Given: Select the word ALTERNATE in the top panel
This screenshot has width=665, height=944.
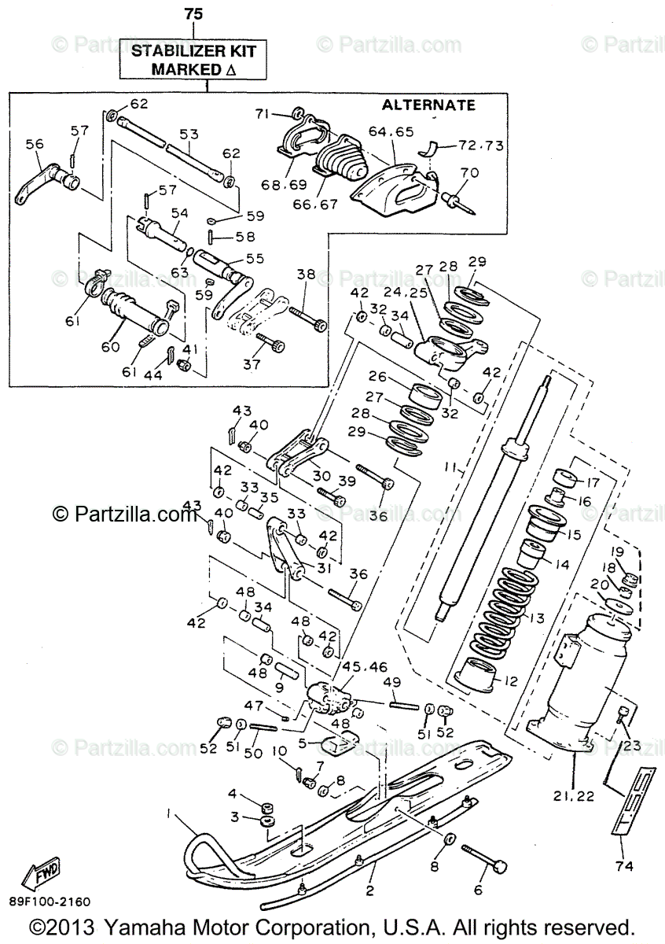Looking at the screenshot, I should [x=428, y=105].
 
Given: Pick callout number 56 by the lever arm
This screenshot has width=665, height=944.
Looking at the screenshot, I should [x=34, y=145].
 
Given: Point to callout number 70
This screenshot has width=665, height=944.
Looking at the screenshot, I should [x=469, y=172].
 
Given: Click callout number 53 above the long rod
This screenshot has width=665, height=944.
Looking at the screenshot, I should [x=189, y=135].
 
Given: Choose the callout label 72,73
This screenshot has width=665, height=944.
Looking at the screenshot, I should [x=481, y=146].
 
